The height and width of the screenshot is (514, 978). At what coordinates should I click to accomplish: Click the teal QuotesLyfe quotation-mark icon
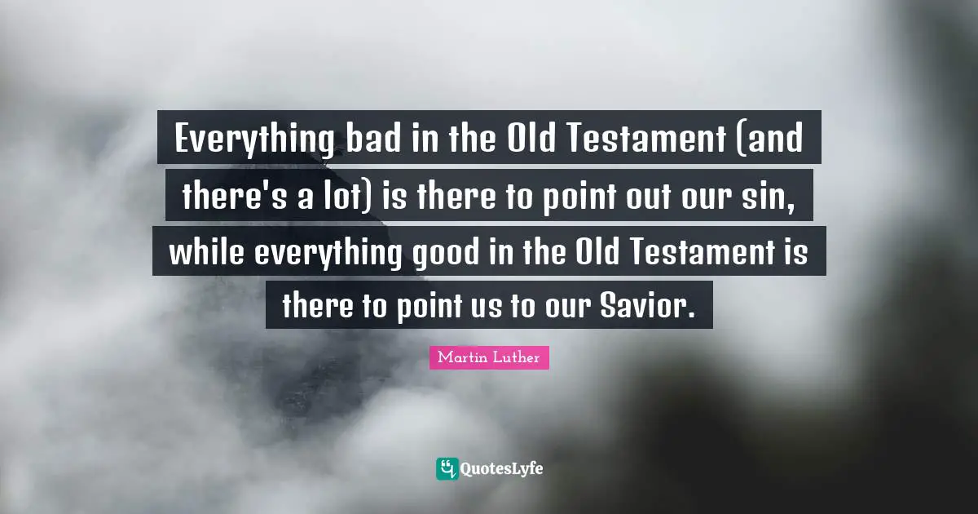(447, 468)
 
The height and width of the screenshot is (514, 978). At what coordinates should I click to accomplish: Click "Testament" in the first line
(640, 140)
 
